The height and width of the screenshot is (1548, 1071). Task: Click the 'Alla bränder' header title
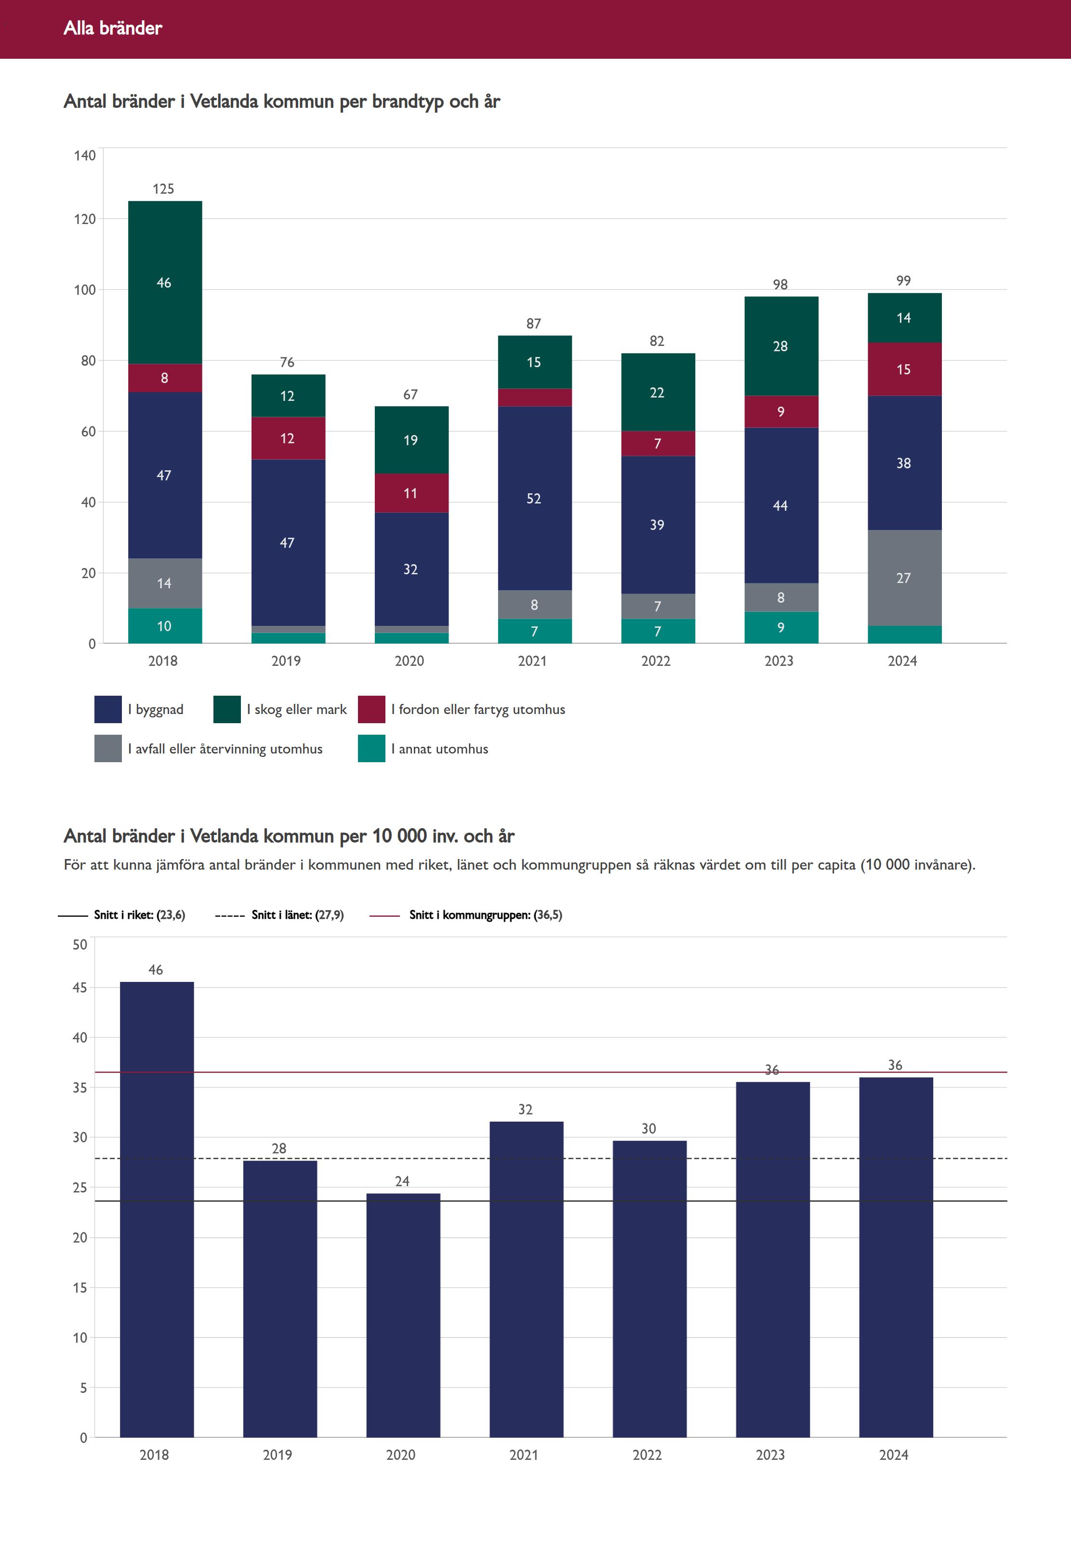coord(113,28)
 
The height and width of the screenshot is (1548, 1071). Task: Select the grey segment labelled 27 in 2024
coord(904,578)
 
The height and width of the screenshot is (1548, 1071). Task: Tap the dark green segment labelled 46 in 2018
coord(164,282)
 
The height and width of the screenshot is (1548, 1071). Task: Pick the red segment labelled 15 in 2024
coord(904,369)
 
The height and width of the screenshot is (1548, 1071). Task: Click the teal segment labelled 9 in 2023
coord(781,627)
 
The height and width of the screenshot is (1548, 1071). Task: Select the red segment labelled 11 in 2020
coord(410,493)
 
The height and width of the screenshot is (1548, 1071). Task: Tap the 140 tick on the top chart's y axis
coord(85,156)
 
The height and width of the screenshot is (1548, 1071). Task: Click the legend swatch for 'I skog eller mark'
coord(227,709)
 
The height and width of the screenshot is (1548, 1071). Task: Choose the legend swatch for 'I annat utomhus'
coord(371,749)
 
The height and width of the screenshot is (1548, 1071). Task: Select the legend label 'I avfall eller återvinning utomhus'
coord(225,749)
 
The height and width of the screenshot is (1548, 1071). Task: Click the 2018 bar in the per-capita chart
coord(157,1208)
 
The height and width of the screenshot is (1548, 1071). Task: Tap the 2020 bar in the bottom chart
coord(403,1315)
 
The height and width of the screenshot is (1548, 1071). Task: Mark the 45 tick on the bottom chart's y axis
coord(80,988)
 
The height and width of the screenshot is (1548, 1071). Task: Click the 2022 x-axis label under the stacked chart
coord(656,661)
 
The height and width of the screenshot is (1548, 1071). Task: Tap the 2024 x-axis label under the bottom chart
coord(894,1455)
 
